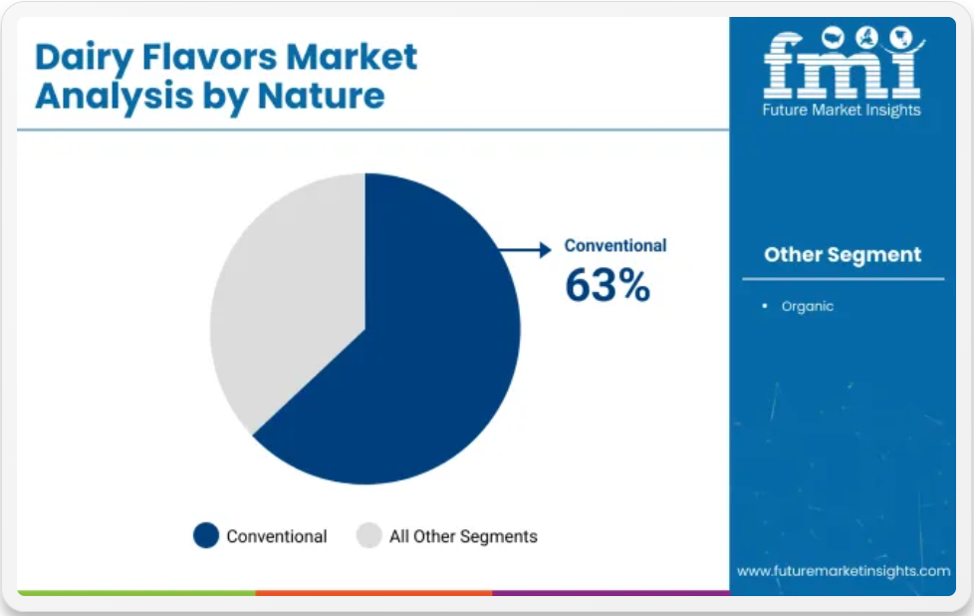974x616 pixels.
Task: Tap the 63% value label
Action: (x=608, y=285)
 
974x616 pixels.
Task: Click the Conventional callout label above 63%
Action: (x=614, y=245)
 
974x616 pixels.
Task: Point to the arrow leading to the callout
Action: (x=525, y=250)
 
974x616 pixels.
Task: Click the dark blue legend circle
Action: (x=206, y=535)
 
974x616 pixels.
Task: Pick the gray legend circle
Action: (x=368, y=535)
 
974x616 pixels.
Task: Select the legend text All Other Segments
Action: (x=463, y=536)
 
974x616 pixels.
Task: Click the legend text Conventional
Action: (x=277, y=536)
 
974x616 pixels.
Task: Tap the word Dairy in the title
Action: (x=84, y=59)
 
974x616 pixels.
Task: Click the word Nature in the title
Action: (x=321, y=97)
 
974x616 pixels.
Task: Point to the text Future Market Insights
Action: (x=842, y=110)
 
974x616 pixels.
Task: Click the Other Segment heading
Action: (x=843, y=254)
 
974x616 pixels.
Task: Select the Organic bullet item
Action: (x=807, y=306)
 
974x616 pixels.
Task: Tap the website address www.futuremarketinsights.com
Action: (x=844, y=570)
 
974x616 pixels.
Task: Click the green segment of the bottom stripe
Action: (x=136, y=593)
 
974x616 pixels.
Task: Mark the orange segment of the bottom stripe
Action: (x=373, y=593)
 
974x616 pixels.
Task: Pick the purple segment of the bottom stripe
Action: (x=610, y=593)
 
